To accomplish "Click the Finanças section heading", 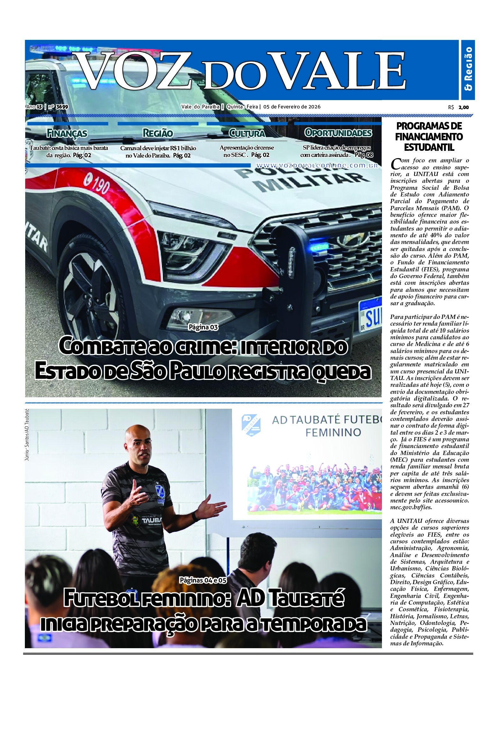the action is coord(67,133).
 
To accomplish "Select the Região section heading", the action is coord(158,133).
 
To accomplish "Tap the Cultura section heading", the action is coord(247,133).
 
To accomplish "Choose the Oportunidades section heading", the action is coord(338,133).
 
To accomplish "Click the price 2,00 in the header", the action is coord(464,107).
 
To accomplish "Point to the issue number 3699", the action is coord(62,107).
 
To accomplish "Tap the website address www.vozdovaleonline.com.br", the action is coord(317,166).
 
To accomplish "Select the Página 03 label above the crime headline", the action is coord(203,327).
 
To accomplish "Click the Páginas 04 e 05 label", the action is coord(203,580).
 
